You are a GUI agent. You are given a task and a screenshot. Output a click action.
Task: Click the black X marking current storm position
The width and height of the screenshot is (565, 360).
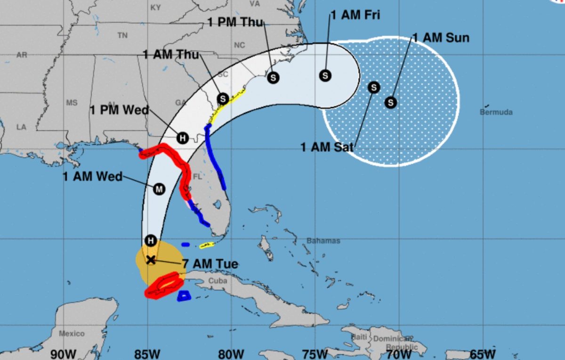151,260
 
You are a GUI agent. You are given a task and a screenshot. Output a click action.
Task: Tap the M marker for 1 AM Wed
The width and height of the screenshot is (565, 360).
159,189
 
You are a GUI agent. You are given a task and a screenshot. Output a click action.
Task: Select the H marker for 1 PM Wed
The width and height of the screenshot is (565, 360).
182,138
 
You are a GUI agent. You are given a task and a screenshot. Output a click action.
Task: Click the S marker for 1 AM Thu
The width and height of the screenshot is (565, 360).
223,99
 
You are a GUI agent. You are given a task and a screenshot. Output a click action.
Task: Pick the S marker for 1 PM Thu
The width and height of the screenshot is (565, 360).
273,78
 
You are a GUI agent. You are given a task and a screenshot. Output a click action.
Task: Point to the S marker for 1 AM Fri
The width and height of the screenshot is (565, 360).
325,75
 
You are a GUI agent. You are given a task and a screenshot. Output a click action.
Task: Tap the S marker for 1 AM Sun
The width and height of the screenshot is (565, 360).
391,102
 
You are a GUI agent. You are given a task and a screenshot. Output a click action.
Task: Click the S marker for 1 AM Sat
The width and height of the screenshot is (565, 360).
374,87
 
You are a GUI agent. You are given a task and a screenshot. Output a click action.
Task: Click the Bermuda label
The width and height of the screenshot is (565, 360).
496,112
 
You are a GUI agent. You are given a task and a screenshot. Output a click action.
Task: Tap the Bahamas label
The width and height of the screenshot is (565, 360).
323,241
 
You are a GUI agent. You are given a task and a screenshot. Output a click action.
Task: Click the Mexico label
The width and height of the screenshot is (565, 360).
72,334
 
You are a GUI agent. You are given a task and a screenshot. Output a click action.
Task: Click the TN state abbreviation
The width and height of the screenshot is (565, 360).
122,35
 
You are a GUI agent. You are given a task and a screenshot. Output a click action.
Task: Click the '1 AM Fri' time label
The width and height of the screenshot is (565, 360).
355,15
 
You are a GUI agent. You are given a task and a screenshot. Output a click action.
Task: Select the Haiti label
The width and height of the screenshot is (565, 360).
359,337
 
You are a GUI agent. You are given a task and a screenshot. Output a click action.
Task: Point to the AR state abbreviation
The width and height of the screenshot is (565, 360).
22,55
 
